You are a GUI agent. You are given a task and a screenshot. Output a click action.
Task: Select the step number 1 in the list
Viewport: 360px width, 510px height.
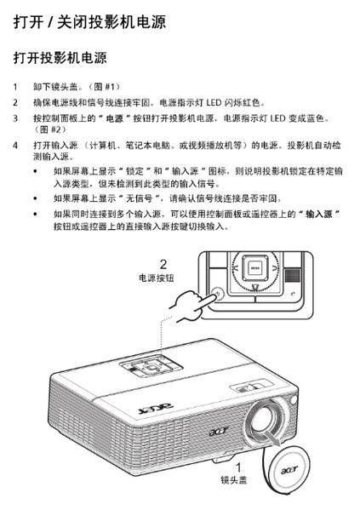[14, 88]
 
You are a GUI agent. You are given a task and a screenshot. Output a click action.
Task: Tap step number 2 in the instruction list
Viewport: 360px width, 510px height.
[14, 102]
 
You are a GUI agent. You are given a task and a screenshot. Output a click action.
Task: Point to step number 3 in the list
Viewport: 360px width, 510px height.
[14, 117]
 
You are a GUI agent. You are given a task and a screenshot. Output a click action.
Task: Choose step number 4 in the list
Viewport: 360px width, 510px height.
[14, 146]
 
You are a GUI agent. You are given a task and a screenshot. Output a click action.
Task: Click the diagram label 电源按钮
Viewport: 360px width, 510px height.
[156, 278]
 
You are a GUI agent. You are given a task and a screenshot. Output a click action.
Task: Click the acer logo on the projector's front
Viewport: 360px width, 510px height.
[220, 433]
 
